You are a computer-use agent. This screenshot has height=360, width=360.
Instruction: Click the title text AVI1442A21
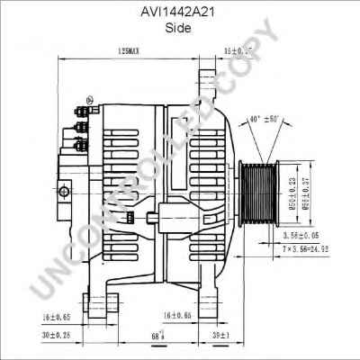point(180,12)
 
